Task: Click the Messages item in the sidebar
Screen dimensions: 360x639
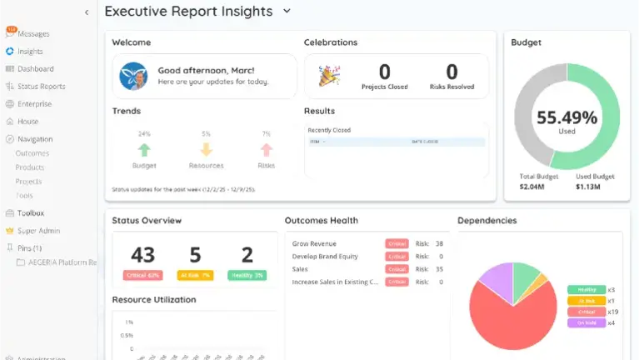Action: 33,34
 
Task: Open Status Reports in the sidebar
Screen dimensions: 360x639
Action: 41,87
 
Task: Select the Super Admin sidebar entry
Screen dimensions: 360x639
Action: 38,231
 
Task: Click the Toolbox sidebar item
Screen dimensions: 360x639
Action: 31,213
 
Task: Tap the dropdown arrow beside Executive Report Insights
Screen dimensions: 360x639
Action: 287,12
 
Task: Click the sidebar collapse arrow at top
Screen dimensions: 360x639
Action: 87,12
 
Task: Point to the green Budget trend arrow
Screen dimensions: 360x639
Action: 144,150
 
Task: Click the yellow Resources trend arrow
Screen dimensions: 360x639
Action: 206,150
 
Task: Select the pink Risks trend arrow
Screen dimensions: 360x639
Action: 267,150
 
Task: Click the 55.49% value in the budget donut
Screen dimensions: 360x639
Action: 567,117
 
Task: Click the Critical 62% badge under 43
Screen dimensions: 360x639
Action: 143,275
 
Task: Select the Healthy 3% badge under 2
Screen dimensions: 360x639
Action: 247,275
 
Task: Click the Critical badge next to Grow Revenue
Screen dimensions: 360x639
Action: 397,243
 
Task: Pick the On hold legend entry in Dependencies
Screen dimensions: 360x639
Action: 587,322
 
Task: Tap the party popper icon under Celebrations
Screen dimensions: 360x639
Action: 328,76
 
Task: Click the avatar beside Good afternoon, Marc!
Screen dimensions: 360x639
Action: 133,76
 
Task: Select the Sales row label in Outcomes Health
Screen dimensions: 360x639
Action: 301,269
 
